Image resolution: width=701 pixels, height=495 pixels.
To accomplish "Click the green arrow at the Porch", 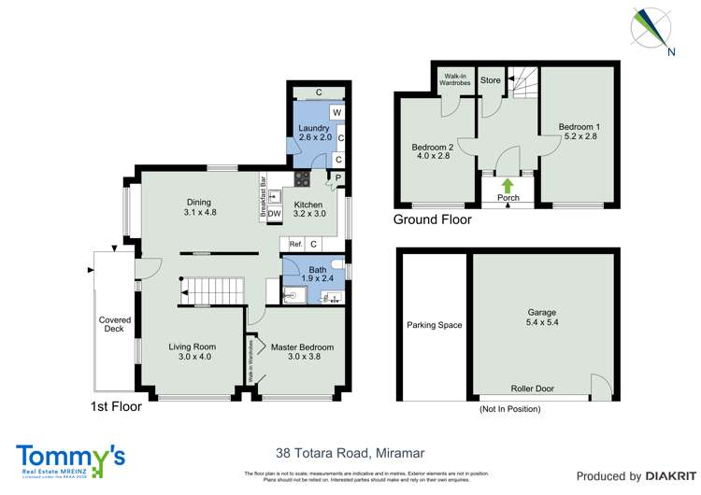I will (508, 185).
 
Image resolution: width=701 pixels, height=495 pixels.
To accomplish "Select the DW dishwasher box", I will (275, 214).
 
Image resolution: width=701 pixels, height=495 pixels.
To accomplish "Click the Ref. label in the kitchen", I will (296, 245).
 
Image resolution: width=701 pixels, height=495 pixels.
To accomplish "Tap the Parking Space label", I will (435, 326).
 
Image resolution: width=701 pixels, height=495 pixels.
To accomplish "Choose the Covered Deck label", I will (116, 324).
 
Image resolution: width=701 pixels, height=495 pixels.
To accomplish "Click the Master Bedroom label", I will (302, 347).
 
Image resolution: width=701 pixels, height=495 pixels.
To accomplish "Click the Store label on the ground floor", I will (491, 80).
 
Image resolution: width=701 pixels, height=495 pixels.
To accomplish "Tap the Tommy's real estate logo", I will (71, 458).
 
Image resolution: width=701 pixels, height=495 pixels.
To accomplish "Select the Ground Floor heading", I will (432, 220).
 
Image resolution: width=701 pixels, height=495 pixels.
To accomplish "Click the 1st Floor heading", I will (116, 406).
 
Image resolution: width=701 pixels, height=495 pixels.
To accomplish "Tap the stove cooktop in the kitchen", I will (303, 177).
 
